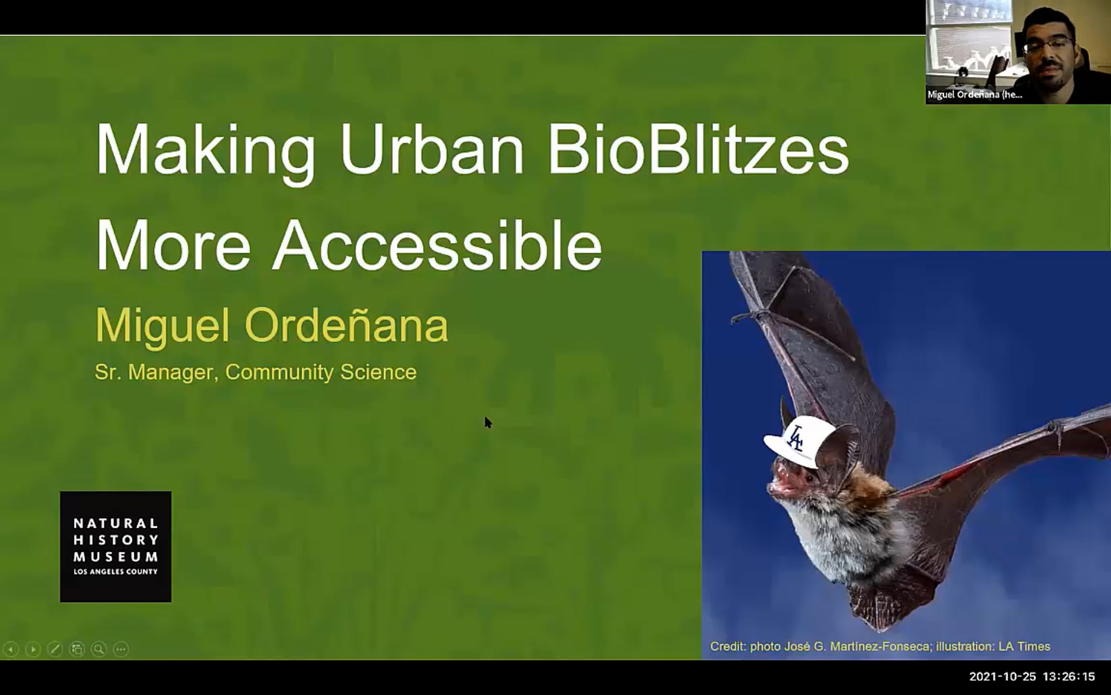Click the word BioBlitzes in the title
(698, 150)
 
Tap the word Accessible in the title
(437, 244)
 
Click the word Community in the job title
(279, 372)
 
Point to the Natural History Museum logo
(116, 547)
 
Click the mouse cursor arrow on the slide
(488, 423)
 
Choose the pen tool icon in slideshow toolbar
(55, 649)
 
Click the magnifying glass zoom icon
(99, 649)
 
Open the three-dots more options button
(121, 649)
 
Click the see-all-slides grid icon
(77, 649)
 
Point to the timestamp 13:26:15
(1069, 677)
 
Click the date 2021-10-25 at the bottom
(1003, 677)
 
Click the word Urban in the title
(431, 150)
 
